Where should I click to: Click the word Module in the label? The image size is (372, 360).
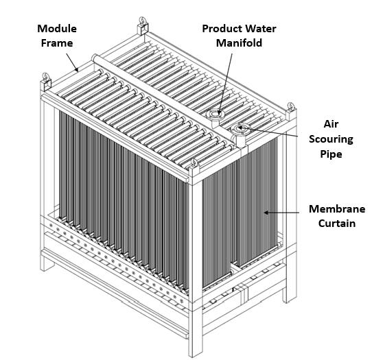57,29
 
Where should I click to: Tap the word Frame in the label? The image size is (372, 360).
57,43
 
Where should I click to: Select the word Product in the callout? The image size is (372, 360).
219,29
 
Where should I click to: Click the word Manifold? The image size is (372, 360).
239,43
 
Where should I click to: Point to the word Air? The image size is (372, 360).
331,124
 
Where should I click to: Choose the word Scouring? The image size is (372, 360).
331,139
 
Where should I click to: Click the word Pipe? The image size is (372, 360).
331,154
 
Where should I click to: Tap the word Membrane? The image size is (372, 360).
337,208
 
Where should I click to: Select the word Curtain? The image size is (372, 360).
337,224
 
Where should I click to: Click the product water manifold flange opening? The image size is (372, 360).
216,114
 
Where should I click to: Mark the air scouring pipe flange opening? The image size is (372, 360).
239,128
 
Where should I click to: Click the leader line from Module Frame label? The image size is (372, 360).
72,62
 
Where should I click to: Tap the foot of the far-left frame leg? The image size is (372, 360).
45,266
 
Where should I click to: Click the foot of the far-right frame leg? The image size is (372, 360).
290,298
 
